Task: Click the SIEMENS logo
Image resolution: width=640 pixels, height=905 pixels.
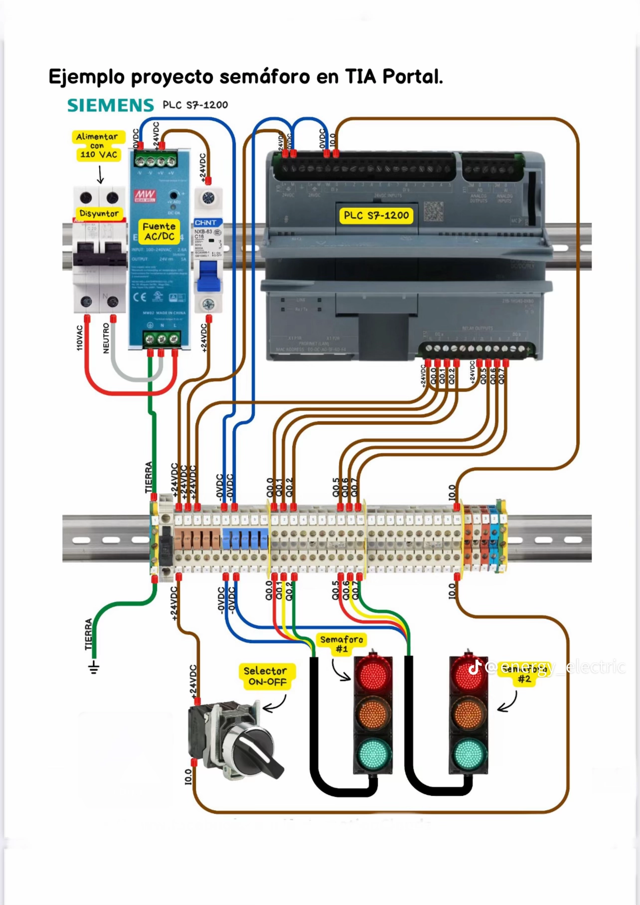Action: click(x=111, y=105)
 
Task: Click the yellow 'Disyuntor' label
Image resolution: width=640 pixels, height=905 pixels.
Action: click(x=99, y=214)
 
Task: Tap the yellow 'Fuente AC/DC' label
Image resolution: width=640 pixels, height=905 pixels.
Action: click(x=159, y=231)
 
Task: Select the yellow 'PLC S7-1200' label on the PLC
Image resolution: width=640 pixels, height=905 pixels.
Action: click(x=376, y=216)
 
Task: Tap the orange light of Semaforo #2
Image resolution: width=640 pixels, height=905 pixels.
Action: click(x=469, y=714)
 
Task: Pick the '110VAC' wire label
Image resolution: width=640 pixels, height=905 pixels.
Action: click(x=80, y=338)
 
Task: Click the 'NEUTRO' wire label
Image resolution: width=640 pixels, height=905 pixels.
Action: click(x=106, y=338)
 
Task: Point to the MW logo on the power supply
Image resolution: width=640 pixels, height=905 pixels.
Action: click(x=145, y=195)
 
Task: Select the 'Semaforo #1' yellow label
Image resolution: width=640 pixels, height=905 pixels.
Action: click(x=341, y=644)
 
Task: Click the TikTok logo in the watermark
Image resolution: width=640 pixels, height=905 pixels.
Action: click(x=475, y=667)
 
